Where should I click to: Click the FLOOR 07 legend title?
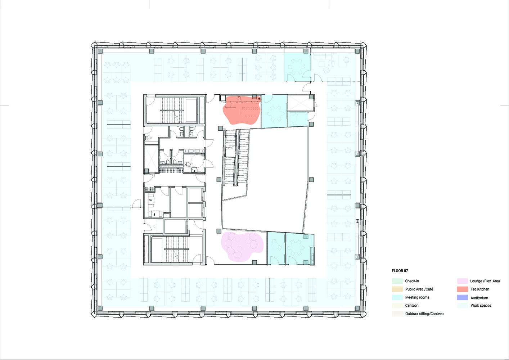400,271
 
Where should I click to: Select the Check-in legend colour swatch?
397,281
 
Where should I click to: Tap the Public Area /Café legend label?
419,289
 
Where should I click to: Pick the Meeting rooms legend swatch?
397,297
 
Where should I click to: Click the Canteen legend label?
411,305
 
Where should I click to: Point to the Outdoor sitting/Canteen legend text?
424,314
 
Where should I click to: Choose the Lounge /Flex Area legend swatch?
463,281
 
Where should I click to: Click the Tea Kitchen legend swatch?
463,289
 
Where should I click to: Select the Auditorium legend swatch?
463,297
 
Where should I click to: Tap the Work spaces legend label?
481,305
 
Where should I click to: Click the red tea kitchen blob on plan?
241,110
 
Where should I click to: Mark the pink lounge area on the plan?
242,246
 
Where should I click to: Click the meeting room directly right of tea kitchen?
274,111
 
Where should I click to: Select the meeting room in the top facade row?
297,67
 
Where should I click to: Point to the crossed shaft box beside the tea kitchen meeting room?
301,103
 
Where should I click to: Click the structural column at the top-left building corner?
100,51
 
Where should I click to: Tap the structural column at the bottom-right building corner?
357,309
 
